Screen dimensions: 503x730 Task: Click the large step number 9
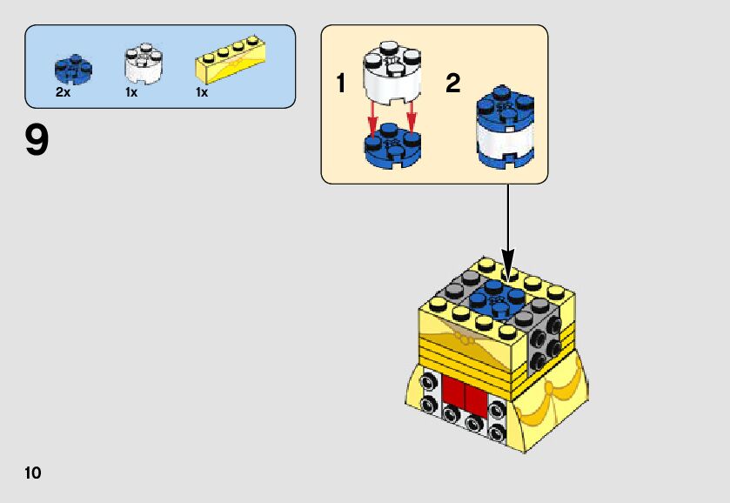point(37,141)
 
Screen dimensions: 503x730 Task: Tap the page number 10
point(33,473)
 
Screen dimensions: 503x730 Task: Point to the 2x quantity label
point(63,92)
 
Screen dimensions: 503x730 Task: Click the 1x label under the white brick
point(131,92)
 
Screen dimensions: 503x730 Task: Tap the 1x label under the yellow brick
point(202,92)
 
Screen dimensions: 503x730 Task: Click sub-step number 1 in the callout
point(341,84)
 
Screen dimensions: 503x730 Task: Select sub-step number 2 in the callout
point(452,84)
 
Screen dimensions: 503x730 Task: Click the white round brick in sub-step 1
point(389,72)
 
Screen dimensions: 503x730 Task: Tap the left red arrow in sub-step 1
point(372,117)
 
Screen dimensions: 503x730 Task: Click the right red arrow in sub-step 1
point(411,117)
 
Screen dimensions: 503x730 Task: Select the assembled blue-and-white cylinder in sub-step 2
point(505,127)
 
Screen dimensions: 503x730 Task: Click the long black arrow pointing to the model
point(507,226)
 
